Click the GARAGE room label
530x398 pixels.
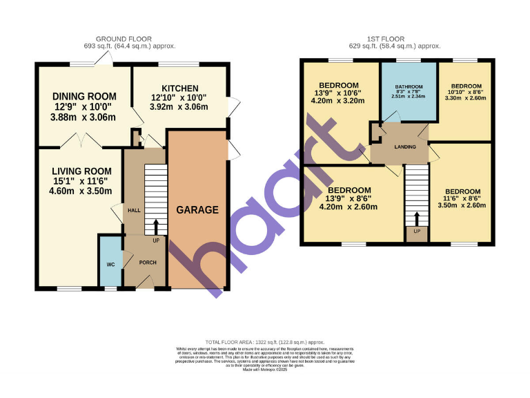197,210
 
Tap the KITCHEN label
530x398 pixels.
180,88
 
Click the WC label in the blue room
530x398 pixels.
110,264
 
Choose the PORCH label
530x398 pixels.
148,263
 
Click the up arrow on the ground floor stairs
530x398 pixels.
155,226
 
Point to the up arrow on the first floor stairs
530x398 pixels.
416,219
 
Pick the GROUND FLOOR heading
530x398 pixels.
124,39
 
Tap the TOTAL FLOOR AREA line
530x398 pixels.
264,341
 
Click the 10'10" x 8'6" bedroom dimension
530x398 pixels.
464,92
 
